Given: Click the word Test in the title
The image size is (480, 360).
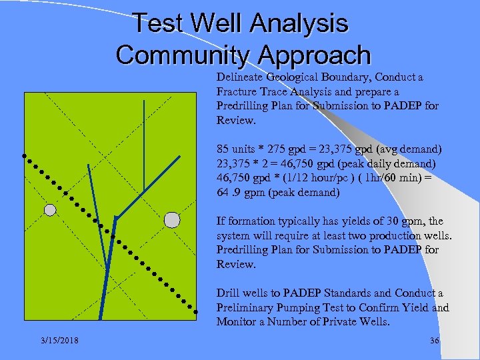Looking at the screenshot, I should click(157, 23).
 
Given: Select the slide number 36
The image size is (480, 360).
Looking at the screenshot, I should click(435, 340).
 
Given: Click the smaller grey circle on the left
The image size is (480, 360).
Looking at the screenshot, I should click(50, 210).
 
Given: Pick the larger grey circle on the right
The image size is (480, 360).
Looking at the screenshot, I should click(172, 219).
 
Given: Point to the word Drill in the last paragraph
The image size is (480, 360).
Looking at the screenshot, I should click(228, 293).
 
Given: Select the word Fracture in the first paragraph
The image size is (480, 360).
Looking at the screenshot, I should click(237, 91).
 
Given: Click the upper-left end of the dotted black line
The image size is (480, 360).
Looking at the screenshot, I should click(25, 156).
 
